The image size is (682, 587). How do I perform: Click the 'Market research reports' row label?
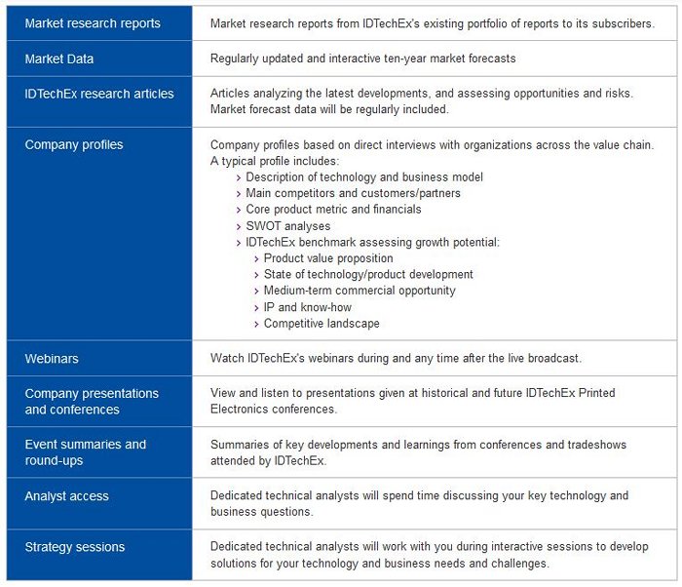pyautogui.click(x=93, y=23)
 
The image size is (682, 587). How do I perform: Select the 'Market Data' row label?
pyautogui.click(x=59, y=59)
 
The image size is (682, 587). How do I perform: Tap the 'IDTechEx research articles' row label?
pyautogui.click(x=99, y=94)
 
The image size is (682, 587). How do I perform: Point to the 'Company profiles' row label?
pyautogui.click(x=74, y=144)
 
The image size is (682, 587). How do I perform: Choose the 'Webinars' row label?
pyautogui.click(x=52, y=359)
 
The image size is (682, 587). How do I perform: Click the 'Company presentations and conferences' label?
pyautogui.click(x=92, y=402)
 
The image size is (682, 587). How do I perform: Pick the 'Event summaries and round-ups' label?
pyautogui.click(x=86, y=452)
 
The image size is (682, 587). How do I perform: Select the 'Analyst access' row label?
pyautogui.click(x=66, y=496)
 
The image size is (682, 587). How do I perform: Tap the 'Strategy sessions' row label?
pyautogui.click(x=75, y=547)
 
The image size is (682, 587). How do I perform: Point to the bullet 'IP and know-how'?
pyautogui.click(x=307, y=307)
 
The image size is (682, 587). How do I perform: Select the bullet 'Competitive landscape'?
pyautogui.click(x=322, y=324)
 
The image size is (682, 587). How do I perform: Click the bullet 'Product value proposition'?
pyautogui.click(x=328, y=258)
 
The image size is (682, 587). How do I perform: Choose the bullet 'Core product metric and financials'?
pyautogui.click(x=333, y=210)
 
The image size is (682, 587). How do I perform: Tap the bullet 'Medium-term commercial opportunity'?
pyautogui.click(x=360, y=291)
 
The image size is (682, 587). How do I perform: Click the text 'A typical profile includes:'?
pyautogui.click(x=275, y=161)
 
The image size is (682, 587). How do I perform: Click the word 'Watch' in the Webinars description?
pyautogui.click(x=228, y=359)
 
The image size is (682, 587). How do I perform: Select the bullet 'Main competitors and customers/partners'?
pyautogui.click(x=353, y=193)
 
